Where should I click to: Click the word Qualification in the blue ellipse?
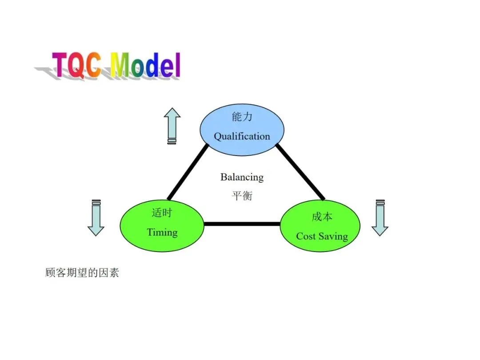click(x=242, y=136)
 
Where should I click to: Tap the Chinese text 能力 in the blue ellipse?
click(x=242, y=117)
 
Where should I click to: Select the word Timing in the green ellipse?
click(x=162, y=232)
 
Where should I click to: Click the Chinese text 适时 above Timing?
click(x=162, y=213)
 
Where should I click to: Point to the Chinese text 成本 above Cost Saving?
click(x=322, y=217)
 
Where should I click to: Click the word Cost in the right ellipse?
click(x=305, y=236)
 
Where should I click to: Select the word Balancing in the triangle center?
click(x=242, y=177)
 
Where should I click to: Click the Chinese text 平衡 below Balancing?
click(x=242, y=196)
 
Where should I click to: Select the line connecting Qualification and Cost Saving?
click(x=300, y=171)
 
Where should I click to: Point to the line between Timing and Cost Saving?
click(x=242, y=224)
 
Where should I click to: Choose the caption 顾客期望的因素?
click(x=82, y=272)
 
